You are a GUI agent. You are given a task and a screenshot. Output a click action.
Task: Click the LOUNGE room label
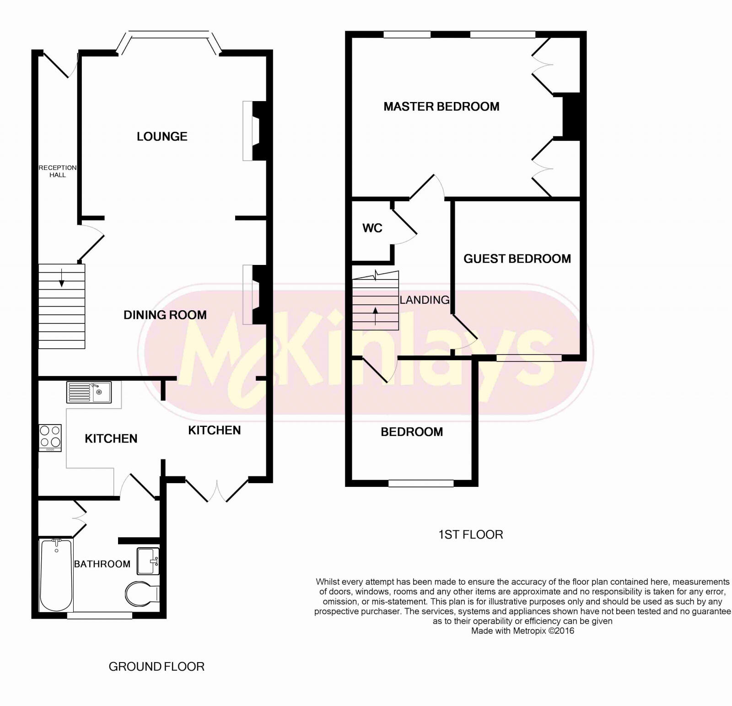(162, 136)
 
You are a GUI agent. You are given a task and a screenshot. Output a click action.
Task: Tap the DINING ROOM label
(165, 315)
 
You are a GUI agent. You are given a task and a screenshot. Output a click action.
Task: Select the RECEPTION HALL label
(58, 171)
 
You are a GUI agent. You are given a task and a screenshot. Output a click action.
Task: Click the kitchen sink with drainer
(89, 392)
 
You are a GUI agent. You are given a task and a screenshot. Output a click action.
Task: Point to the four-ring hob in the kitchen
(50, 437)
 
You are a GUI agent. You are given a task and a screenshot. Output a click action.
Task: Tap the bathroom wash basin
(149, 560)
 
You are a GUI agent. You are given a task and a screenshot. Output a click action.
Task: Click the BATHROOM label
(102, 564)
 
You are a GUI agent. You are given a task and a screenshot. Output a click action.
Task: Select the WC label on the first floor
(372, 228)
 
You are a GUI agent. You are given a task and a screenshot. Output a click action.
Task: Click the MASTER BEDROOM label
(441, 107)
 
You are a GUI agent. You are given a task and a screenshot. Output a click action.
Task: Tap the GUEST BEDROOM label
(517, 259)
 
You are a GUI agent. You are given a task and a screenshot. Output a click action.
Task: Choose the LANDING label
(425, 300)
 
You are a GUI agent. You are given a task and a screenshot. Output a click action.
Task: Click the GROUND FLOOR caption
(156, 667)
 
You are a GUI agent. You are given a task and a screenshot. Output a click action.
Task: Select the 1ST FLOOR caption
(470, 534)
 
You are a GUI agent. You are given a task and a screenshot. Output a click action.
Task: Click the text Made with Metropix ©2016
(522, 631)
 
